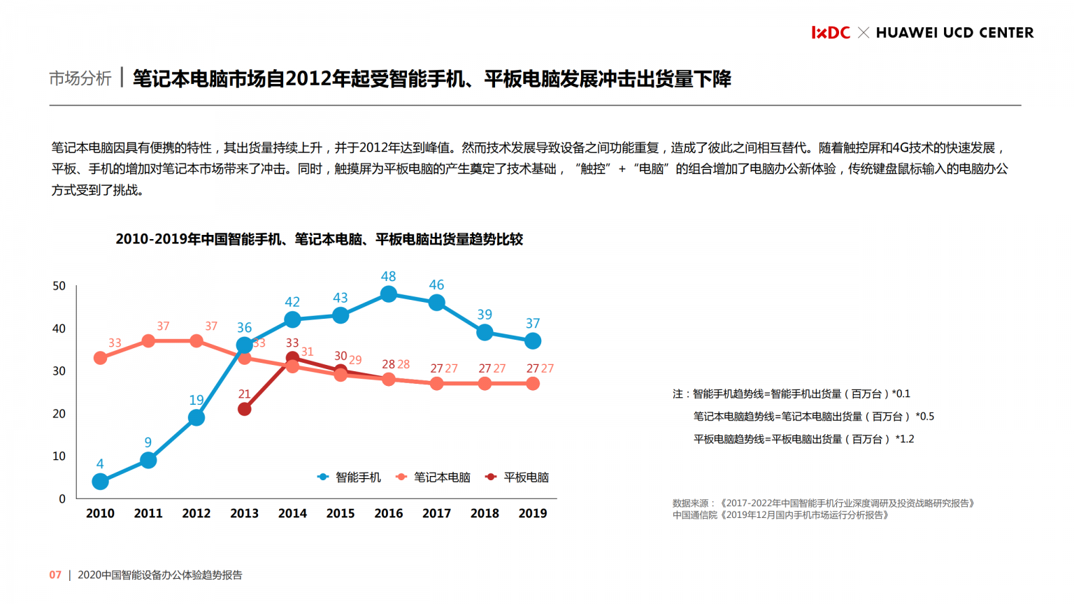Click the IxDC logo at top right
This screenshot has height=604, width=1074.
click(x=830, y=33)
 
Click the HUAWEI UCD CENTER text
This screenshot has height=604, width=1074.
click(x=954, y=33)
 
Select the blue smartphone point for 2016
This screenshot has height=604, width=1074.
click(x=389, y=294)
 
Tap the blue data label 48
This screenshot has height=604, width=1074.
click(x=389, y=276)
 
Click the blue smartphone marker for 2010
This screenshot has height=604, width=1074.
click(x=100, y=482)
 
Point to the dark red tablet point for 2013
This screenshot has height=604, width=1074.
click(x=244, y=409)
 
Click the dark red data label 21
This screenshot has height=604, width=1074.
click(x=244, y=394)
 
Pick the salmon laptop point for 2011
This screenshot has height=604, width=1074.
click(x=148, y=341)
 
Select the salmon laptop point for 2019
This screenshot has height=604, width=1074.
click(x=533, y=384)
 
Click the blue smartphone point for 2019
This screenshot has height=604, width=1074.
click(x=533, y=341)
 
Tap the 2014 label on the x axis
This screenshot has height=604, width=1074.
click(x=292, y=513)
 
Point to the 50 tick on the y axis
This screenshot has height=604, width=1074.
click(x=59, y=286)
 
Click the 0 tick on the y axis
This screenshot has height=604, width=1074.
click(x=62, y=499)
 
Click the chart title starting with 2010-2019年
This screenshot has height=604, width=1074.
click(x=319, y=239)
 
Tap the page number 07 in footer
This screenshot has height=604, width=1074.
click(x=55, y=575)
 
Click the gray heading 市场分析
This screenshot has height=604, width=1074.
click(x=80, y=78)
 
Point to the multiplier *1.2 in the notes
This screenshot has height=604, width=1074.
click(x=904, y=439)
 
